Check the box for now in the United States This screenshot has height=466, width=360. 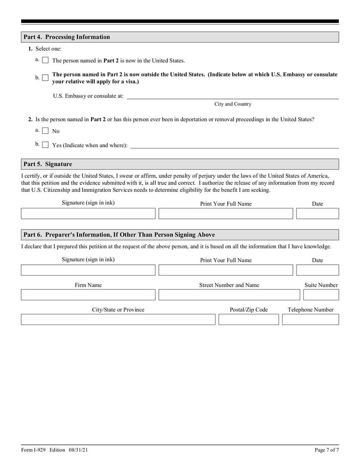pyautogui.click(x=45, y=60)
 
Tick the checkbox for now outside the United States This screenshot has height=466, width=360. pyautogui.click(x=45, y=78)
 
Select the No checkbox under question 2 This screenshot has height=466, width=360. pyautogui.click(x=45, y=131)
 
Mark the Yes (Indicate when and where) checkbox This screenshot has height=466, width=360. pyautogui.click(x=45, y=145)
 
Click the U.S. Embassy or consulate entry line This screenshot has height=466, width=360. pyautogui.click(x=233, y=95)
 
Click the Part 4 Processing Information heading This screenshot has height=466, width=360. pyautogui.click(x=67, y=37)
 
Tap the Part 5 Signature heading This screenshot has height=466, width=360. pyautogui.click(x=48, y=164)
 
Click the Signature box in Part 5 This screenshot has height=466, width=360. pyautogui.click(x=88, y=213)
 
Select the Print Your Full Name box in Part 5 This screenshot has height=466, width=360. pyautogui.click(x=225, y=213)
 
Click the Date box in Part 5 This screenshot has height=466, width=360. pyautogui.click(x=317, y=213)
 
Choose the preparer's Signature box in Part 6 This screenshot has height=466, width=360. pyautogui.click(x=88, y=270)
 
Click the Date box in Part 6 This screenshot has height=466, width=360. pyautogui.click(x=317, y=270)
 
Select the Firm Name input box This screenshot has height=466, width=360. pyautogui.click(x=88, y=295)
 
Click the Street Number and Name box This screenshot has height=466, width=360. pyautogui.click(x=229, y=295)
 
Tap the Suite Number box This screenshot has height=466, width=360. pyautogui.click(x=321, y=295)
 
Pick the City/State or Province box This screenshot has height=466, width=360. pyautogui.click(x=118, y=320)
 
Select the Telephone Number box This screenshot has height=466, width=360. pyautogui.click(x=310, y=320)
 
